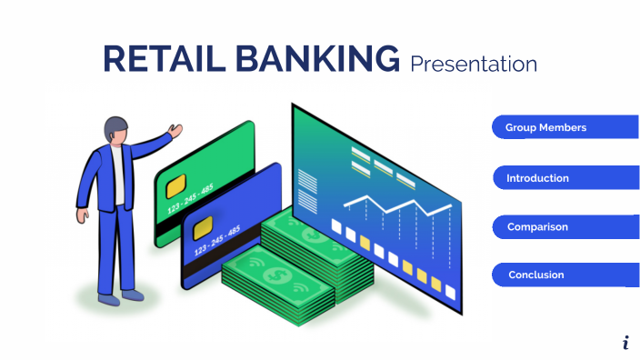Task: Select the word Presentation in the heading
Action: [x=473, y=64]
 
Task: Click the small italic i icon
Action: [x=626, y=343]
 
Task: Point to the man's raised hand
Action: [x=175, y=130]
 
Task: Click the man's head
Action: [x=115, y=129]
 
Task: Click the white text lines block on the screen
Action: [x=309, y=191]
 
